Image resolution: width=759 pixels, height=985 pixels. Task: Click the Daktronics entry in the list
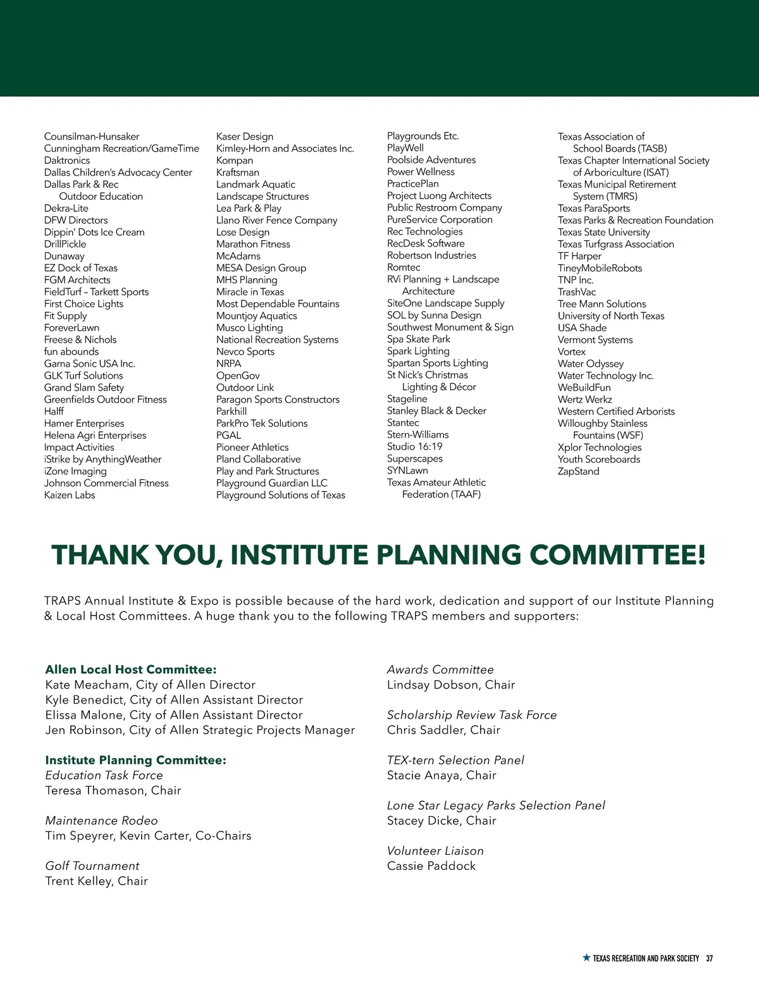click(x=67, y=161)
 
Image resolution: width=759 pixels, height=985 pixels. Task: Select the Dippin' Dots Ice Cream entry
click(x=94, y=232)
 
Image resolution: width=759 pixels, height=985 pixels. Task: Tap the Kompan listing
click(x=235, y=161)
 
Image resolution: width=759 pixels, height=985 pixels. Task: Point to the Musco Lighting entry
click(x=249, y=327)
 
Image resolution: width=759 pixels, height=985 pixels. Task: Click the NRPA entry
click(x=228, y=364)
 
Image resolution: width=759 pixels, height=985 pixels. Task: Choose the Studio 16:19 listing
click(x=414, y=447)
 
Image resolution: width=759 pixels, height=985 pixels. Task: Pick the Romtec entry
click(x=404, y=267)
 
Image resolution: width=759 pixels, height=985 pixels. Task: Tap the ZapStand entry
click(x=578, y=471)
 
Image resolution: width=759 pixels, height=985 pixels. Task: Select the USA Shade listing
click(x=582, y=327)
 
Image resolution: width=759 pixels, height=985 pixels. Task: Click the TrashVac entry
click(x=577, y=292)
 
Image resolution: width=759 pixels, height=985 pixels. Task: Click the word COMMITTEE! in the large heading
click(x=617, y=555)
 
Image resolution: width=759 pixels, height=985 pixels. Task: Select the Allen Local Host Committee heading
click(x=131, y=670)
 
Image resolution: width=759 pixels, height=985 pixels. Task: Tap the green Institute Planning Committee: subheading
click(x=135, y=760)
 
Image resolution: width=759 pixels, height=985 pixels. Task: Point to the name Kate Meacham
click(x=87, y=685)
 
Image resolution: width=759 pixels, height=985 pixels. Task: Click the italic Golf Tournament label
click(x=92, y=866)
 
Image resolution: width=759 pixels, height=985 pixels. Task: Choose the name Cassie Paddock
click(x=431, y=866)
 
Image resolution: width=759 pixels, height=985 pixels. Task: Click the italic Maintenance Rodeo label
click(x=101, y=821)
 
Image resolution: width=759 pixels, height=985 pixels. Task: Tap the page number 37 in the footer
click(x=710, y=958)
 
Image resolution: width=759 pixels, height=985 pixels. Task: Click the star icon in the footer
click(x=586, y=958)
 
